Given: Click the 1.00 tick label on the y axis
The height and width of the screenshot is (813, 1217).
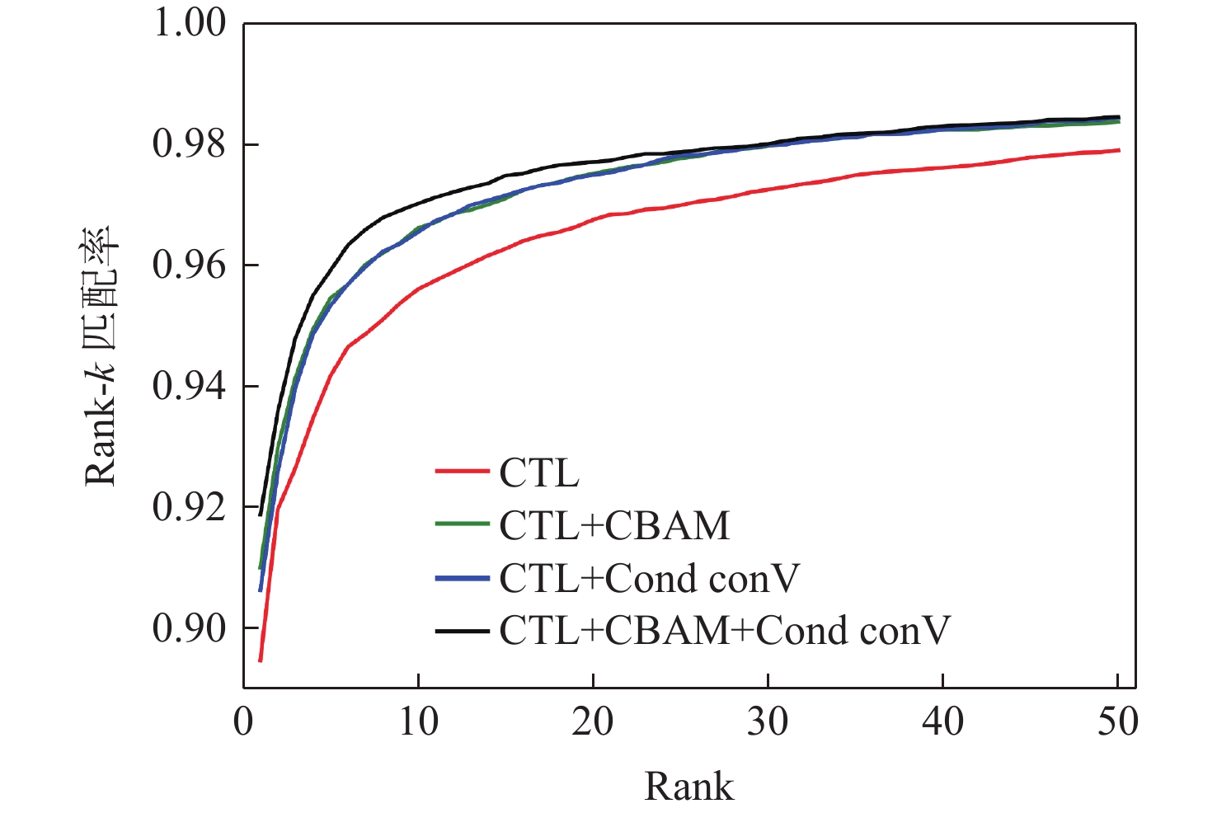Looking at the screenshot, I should click(189, 23).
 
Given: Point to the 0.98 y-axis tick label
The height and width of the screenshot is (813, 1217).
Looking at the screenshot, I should click(189, 144).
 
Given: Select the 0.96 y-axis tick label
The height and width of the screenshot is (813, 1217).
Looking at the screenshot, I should click(189, 266).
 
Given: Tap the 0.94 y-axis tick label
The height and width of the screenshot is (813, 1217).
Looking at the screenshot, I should click(189, 386).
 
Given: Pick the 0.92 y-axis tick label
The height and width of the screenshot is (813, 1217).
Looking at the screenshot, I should click(189, 507).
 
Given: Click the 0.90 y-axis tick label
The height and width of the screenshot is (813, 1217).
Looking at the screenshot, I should click(189, 628).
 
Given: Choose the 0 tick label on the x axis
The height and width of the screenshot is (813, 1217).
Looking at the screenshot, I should click(243, 722).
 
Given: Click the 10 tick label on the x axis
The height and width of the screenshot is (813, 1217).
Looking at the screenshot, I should click(418, 722).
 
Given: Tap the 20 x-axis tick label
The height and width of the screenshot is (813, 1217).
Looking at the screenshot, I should click(593, 722).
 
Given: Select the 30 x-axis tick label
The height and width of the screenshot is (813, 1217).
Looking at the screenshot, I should click(768, 722).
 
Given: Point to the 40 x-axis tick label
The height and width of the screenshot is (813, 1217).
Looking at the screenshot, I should click(942, 722).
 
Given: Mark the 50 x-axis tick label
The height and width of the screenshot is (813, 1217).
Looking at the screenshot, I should click(1117, 722).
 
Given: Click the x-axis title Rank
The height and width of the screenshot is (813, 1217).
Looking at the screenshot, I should click(688, 787).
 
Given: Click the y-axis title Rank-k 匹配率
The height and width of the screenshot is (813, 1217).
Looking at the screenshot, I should click(102, 356).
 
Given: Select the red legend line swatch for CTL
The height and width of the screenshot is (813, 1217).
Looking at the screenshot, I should click(462, 472).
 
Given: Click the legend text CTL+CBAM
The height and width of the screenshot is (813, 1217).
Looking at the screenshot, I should click(614, 526).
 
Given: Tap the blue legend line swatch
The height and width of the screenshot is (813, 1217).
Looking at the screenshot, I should click(462, 579).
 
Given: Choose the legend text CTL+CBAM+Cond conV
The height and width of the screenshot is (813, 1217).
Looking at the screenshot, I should click(725, 631).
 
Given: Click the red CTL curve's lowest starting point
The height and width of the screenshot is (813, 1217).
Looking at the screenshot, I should click(260, 660).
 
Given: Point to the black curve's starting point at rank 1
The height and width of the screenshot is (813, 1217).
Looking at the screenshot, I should click(261, 515).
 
